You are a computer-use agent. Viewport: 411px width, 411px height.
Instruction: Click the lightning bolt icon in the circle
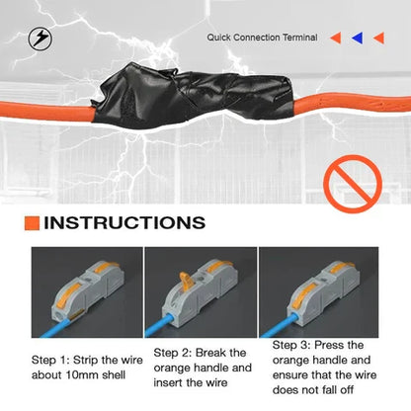click(41, 39)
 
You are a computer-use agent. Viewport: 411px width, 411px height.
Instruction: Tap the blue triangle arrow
click(358, 38)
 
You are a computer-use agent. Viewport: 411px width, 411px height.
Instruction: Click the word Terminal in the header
click(299, 38)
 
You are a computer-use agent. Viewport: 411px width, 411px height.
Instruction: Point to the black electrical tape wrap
click(194, 96)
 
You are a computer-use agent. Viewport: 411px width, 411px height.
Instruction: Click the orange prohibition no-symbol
click(353, 184)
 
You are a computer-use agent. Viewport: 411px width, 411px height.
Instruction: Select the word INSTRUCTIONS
click(124, 223)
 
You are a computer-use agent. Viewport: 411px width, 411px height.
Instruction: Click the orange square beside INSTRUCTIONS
click(32, 223)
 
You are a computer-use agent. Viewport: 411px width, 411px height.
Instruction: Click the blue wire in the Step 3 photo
click(279, 325)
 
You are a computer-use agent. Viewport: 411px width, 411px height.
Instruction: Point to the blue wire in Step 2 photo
click(159, 326)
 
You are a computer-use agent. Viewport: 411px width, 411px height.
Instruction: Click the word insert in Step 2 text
click(168, 382)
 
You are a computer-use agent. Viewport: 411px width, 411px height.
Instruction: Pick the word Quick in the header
click(218, 38)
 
